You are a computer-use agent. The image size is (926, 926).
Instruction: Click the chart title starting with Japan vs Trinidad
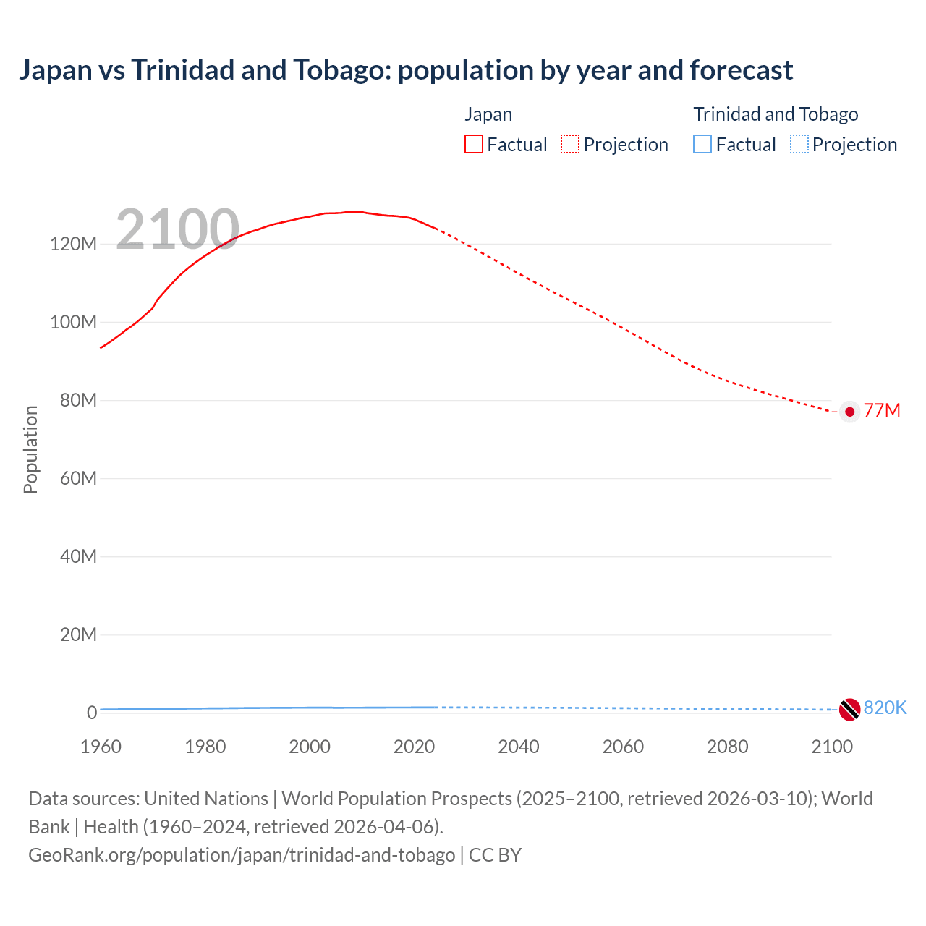point(406,70)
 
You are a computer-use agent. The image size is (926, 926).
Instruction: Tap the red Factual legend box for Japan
point(474,144)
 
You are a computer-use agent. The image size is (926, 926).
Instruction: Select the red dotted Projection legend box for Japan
point(570,144)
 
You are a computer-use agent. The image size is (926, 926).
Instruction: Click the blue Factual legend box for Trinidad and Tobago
point(702,144)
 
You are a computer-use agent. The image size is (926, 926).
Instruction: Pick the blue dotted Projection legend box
point(799,144)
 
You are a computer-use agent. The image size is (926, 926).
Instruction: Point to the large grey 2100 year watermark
point(177,229)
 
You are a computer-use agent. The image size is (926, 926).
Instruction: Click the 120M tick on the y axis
point(73,244)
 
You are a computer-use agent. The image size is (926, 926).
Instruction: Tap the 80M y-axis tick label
point(77,400)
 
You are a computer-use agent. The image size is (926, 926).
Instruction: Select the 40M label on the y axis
point(77,556)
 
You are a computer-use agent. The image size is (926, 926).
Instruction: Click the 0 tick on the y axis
point(92,713)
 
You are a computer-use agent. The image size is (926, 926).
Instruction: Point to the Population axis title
point(30,449)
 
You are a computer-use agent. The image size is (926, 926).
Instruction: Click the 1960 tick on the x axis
point(101,747)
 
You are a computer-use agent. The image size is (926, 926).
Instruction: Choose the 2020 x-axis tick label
point(414,747)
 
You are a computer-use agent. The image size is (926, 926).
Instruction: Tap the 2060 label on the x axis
point(623,747)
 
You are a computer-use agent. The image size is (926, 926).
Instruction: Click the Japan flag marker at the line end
point(850,412)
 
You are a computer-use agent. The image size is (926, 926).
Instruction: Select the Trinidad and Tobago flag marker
point(849,709)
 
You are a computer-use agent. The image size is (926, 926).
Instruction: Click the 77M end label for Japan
point(882,411)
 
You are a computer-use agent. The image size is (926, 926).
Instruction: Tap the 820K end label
point(885,708)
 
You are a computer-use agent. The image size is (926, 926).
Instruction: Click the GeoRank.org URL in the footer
point(242,855)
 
